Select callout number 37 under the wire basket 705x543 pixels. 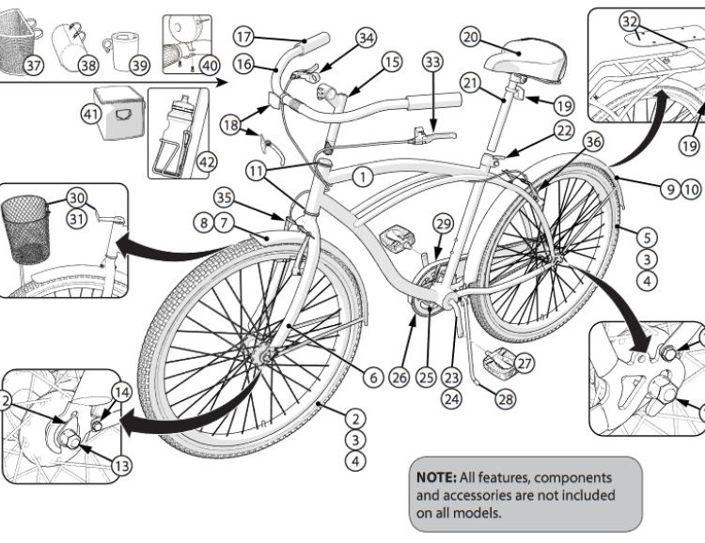pyautogui.click(x=34, y=65)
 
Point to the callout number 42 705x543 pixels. pyautogui.click(x=207, y=162)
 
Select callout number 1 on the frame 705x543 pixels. pyautogui.click(x=364, y=175)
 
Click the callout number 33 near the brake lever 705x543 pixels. pyautogui.click(x=432, y=62)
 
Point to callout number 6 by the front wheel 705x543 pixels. pyautogui.click(x=373, y=378)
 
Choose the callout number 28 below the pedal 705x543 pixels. pyautogui.click(x=507, y=398)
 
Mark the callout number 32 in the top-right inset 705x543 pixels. pyautogui.click(x=630, y=21)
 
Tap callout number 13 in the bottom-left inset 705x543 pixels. pyautogui.click(x=122, y=464)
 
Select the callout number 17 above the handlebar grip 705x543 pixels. pyautogui.click(x=243, y=37)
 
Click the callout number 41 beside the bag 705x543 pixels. pyautogui.click(x=91, y=115)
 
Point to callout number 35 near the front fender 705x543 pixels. pyautogui.click(x=223, y=198)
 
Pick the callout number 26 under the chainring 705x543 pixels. pyautogui.click(x=400, y=378)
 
